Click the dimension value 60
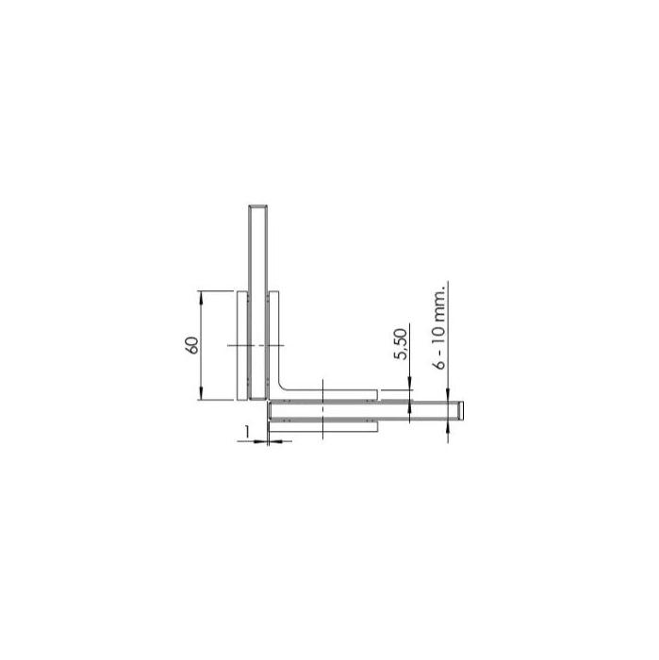tap(192, 345)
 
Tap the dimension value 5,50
tap(401, 344)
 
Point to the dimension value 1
tap(247, 431)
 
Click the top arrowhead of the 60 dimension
tap(201, 296)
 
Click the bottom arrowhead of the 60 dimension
tap(201, 394)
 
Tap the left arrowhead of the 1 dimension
tap(262, 441)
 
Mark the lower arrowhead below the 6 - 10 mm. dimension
tap(448, 429)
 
